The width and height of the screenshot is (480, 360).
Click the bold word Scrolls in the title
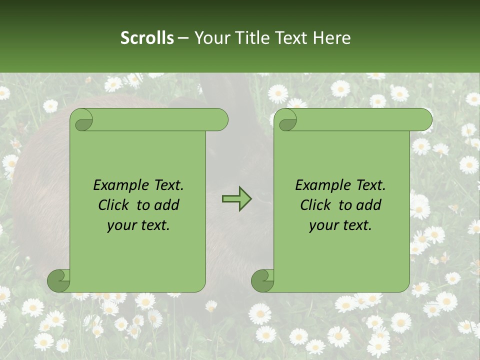coord(147,38)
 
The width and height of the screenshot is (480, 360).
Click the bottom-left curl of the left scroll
coord(59,280)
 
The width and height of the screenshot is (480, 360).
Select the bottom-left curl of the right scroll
coord(262,280)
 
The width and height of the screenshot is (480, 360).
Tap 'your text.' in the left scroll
coord(138,225)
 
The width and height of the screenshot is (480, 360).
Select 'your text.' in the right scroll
coord(340,225)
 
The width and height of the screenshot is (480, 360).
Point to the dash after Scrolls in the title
coord(183,38)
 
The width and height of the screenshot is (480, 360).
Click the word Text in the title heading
coord(291,38)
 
